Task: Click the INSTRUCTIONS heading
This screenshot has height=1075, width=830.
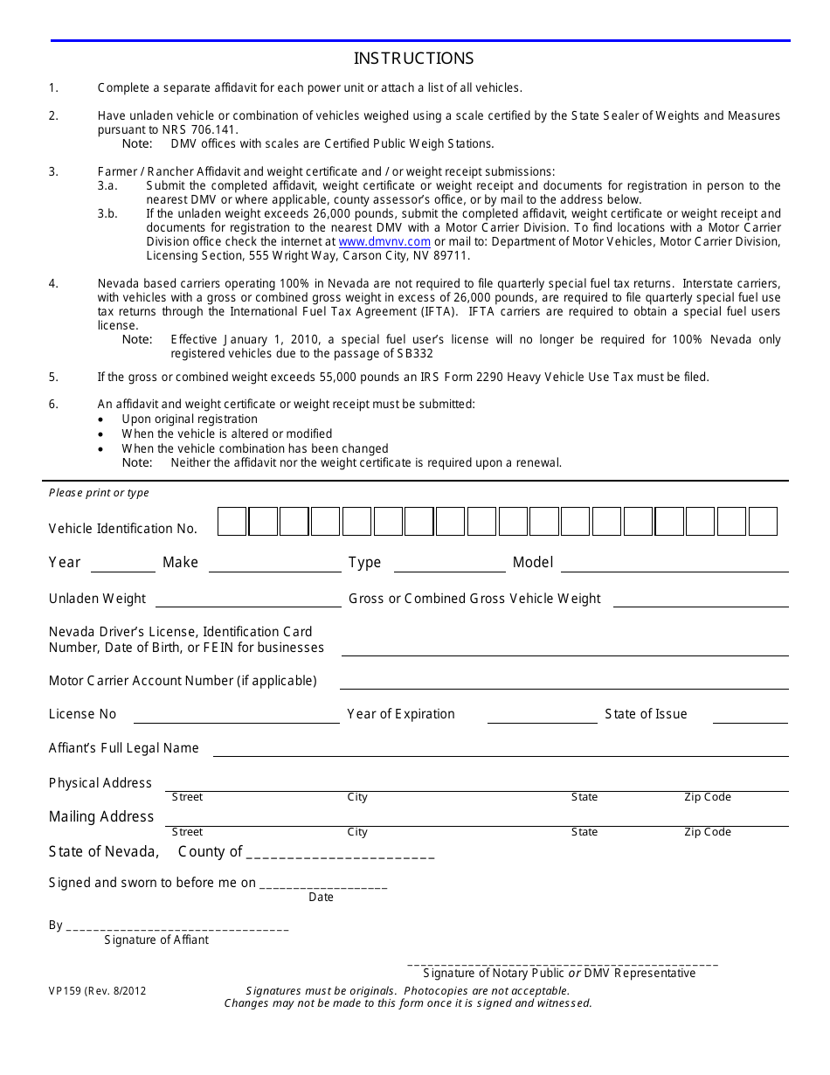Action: coord(413,59)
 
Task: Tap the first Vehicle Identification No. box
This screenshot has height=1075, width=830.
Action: coord(232,522)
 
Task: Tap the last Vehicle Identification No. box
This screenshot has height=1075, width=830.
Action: coord(763,522)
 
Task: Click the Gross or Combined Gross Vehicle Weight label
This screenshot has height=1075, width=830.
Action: coord(474,599)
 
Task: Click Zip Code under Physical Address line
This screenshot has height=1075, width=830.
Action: coord(707,797)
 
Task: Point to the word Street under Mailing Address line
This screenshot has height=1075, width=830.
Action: coord(187,832)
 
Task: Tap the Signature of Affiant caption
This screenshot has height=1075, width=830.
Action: coord(156,940)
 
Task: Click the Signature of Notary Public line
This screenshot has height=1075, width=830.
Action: coord(562,963)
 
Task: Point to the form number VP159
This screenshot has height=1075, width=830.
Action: coord(64,991)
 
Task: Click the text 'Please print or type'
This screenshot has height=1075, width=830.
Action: coord(99,493)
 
